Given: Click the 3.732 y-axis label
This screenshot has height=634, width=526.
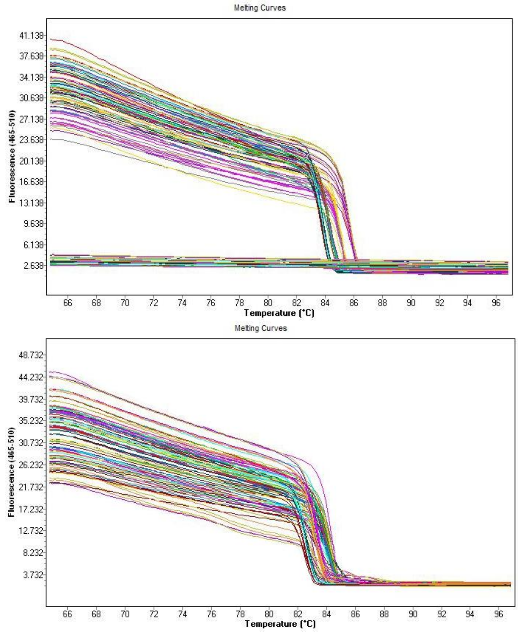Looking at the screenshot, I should tap(33, 575).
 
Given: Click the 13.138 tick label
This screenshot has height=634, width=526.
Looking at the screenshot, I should tap(31, 202).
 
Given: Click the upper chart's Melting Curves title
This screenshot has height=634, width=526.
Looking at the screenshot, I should tap(259, 8).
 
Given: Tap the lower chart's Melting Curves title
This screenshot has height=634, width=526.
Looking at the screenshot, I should tap(260, 328).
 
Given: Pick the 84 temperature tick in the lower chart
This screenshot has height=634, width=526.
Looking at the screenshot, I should tap(326, 614).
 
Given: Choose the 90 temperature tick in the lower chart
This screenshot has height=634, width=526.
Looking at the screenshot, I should tap(413, 614).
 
